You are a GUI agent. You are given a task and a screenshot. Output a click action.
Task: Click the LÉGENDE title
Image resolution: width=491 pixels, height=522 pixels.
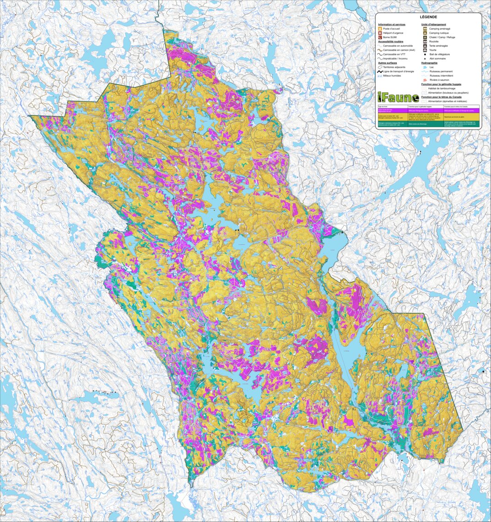[x=428, y=17]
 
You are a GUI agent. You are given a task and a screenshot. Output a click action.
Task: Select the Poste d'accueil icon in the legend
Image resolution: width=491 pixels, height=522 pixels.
[x=380, y=28]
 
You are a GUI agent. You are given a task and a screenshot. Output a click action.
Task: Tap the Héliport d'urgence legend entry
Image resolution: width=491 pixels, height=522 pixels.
[x=393, y=33]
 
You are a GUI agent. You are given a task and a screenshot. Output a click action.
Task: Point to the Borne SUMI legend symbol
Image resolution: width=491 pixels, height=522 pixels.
[x=380, y=37]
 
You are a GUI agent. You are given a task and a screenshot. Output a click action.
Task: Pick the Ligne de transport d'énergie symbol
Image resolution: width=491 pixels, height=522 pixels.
[x=380, y=71]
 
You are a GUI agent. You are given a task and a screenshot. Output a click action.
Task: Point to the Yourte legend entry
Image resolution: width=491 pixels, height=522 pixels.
[x=433, y=50]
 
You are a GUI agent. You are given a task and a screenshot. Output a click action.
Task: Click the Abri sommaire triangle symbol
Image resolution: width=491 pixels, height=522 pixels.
[x=425, y=59]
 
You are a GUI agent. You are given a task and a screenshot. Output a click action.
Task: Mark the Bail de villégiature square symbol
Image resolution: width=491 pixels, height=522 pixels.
[x=425, y=54]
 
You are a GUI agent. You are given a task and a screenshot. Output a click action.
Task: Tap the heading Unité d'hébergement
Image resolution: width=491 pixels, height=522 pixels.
[x=433, y=24]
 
